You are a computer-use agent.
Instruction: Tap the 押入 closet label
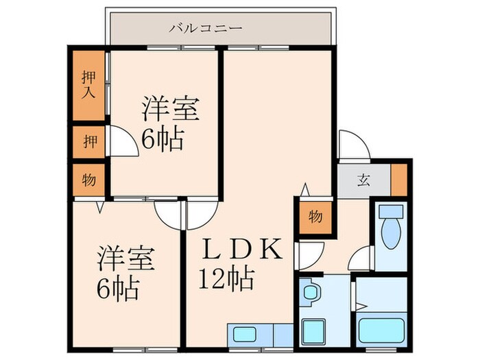coord(88,84)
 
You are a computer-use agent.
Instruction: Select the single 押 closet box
coord(88,143)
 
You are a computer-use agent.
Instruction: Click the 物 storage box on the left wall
coord(88,180)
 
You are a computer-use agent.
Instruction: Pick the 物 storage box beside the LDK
coord(315,217)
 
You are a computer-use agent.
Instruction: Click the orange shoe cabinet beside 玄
coord(398,179)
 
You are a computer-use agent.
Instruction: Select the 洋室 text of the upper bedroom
coord(171,110)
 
